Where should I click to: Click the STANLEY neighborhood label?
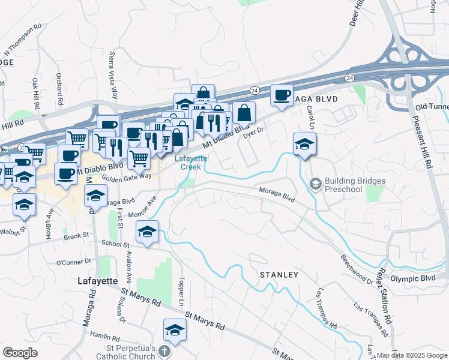(279, 275)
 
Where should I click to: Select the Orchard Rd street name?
(59, 86)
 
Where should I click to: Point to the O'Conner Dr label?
(73, 262)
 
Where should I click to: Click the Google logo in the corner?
(20, 352)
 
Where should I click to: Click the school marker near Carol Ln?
(304, 144)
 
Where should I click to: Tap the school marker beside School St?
(146, 232)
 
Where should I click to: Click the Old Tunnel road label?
(432, 107)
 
